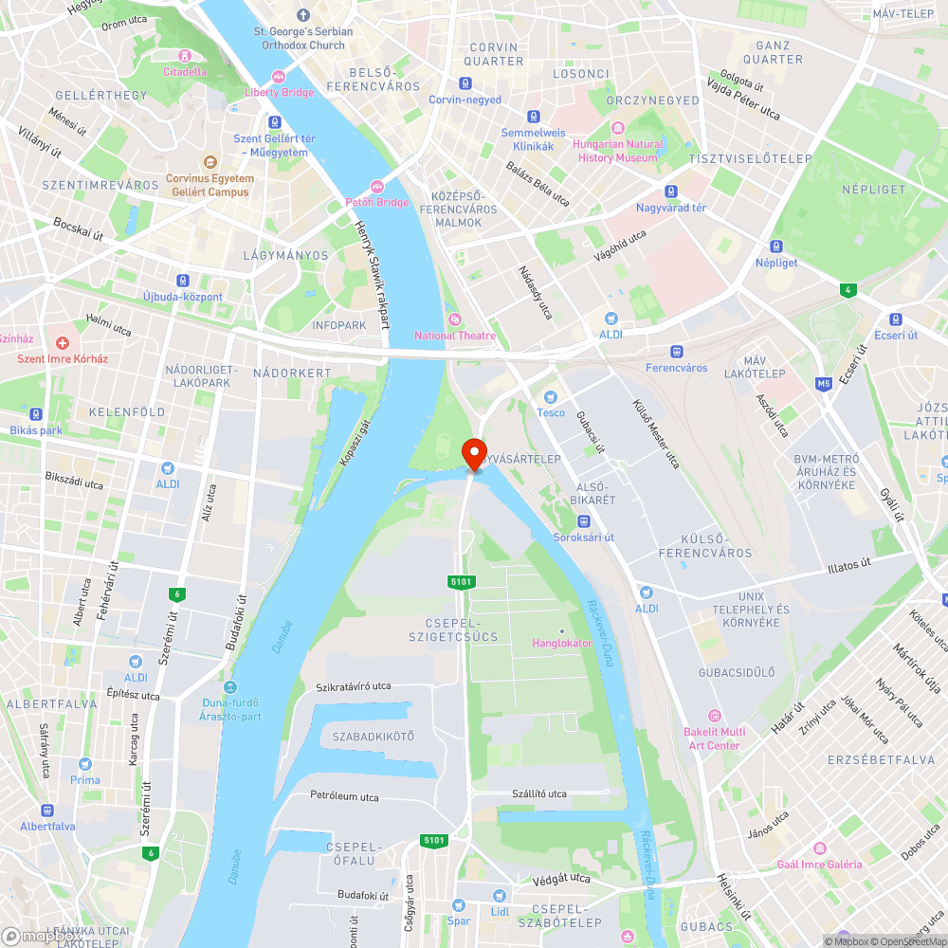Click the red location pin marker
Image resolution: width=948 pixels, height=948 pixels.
pyautogui.click(x=473, y=453)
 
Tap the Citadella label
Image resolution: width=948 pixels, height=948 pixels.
pyautogui.click(x=184, y=71)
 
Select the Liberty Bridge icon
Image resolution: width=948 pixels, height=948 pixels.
pyautogui.click(x=279, y=77)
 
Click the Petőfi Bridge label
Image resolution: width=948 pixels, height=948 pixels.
pyautogui.click(x=377, y=202)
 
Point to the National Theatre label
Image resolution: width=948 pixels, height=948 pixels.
pyautogui.click(x=455, y=335)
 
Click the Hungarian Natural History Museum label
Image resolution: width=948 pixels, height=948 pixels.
pyautogui.click(x=616, y=151)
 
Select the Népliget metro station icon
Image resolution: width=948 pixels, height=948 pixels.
pyautogui.click(x=775, y=246)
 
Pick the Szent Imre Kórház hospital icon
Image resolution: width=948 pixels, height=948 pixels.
pyautogui.click(x=63, y=342)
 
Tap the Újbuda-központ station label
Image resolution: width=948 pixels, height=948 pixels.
pyautogui.click(x=182, y=297)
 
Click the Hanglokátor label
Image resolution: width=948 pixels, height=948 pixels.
pyautogui.click(x=561, y=643)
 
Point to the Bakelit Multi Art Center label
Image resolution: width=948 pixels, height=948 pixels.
pyautogui.click(x=714, y=738)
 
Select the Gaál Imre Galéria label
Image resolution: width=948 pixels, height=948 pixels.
pyautogui.click(x=819, y=864)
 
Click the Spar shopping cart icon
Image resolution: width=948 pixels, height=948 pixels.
pyautogui.click(x=459, y=904)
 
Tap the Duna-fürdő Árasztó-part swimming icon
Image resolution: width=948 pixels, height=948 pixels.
pyautogui.click(x=231, y=687)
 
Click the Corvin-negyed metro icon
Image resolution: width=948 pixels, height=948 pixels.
pyautogui.click(x=465, y=83)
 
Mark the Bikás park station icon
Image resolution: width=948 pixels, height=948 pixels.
pyautogui.click(x=36, y=414)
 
